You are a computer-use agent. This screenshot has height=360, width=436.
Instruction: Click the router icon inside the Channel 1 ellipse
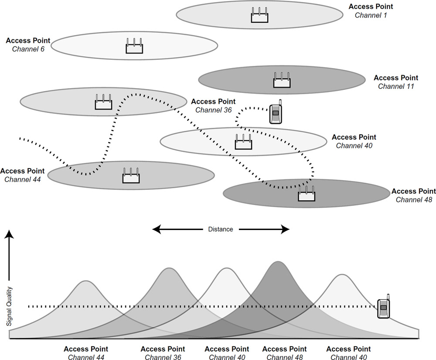coord(259,16)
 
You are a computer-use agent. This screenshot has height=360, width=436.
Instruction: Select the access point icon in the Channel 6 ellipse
coord(134,46)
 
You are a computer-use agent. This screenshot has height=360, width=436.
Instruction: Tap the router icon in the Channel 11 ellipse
coord(282,81)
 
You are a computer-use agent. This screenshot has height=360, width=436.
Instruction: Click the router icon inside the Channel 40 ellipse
coord(244,142)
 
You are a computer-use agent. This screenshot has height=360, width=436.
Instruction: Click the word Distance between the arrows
coord(221,229)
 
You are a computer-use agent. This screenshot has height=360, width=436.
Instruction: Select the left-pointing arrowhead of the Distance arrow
coord(156,229)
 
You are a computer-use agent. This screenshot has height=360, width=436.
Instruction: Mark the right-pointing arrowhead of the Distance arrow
coord(286,229)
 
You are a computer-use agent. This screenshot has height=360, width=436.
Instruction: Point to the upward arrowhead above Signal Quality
coord(9,236)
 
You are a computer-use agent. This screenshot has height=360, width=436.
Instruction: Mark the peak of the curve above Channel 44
coord(86,281)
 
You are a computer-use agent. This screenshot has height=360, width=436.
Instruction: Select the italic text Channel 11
coord(396,86)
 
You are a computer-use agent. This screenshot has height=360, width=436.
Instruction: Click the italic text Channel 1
coord(371,15)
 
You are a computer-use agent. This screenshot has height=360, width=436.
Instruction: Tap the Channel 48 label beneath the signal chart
coord(284,357)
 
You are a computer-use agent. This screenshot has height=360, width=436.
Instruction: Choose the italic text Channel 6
coord(28,49)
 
